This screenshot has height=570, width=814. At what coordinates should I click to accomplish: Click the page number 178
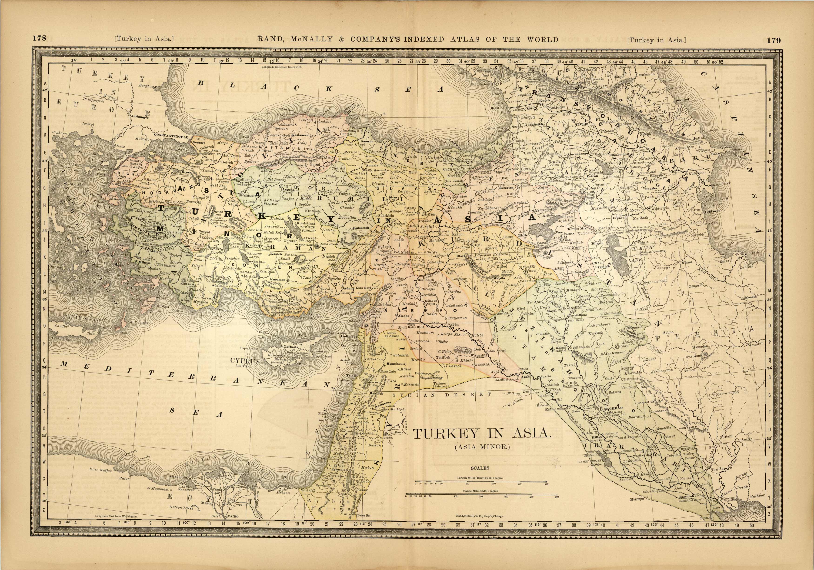(39, 38)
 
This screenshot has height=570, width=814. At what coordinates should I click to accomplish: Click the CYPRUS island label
(245, 361)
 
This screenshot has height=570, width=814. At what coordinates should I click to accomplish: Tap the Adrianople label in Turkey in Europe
(140, 117)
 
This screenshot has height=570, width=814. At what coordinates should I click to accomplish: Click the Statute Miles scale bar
(481, 494)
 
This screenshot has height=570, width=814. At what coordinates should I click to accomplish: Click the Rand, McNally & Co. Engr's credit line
(479, 517)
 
